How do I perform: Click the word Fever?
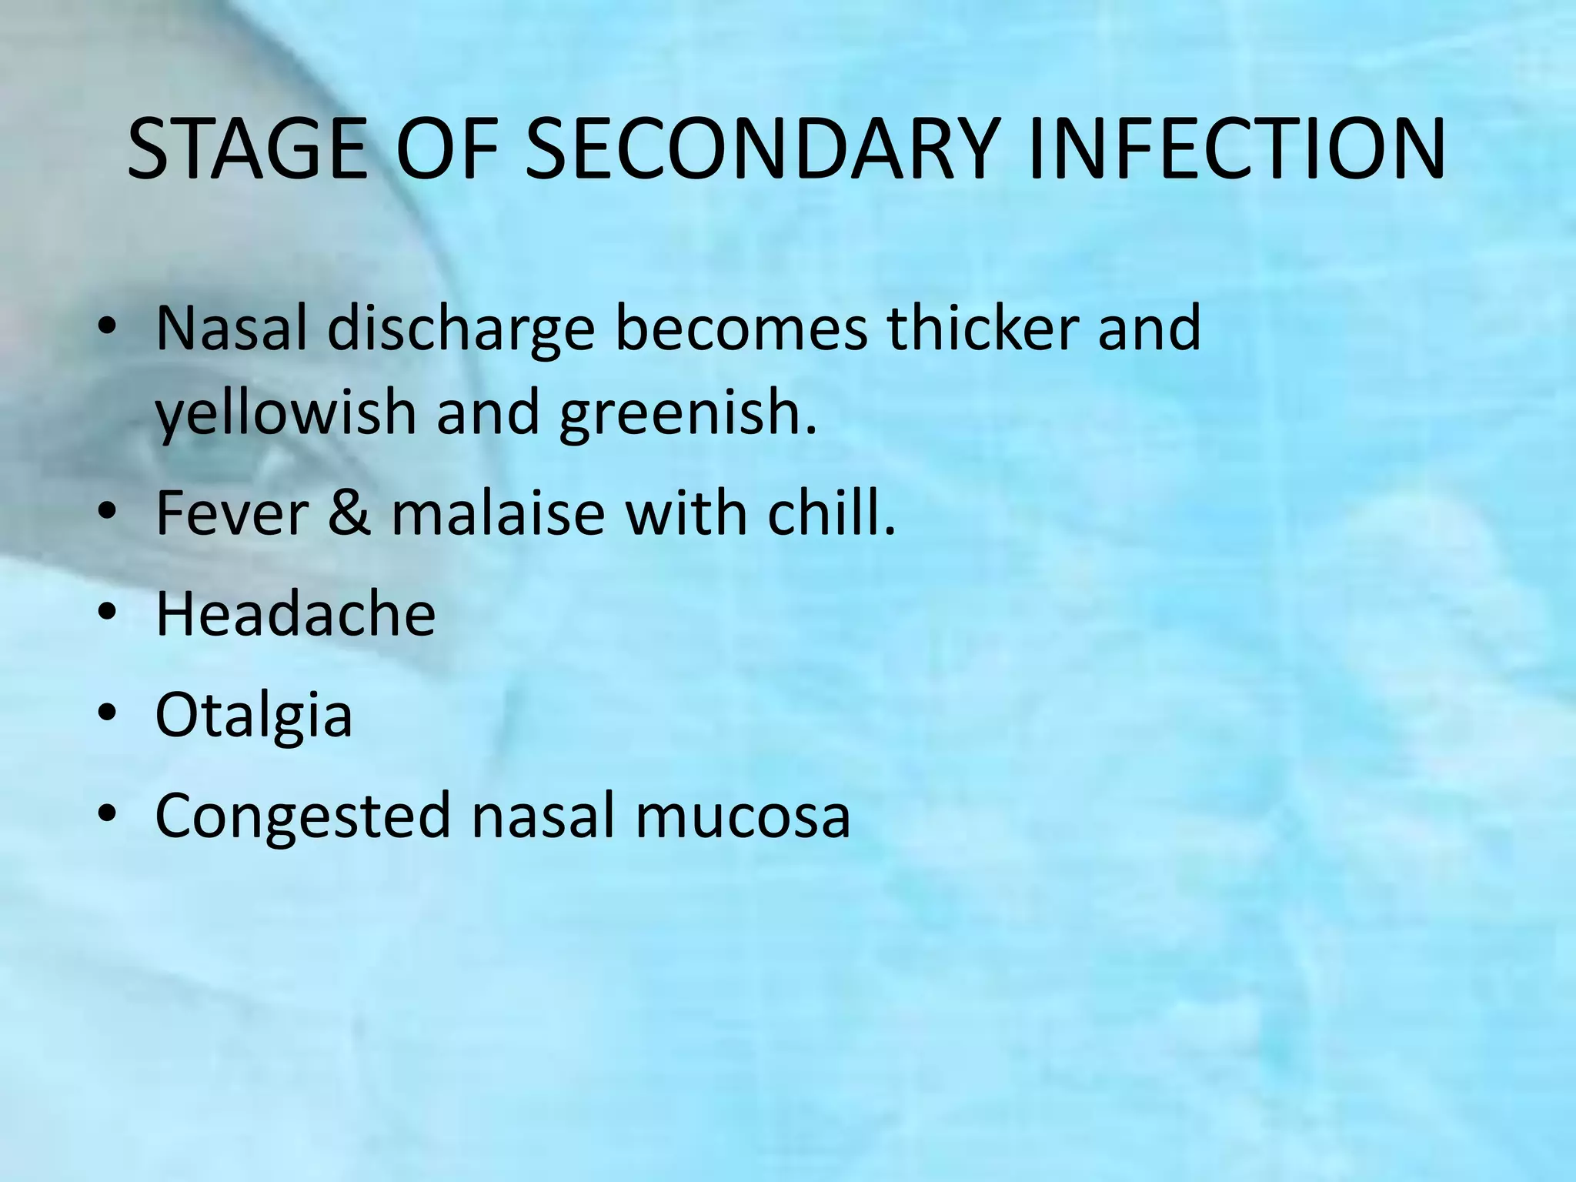pos(232,513)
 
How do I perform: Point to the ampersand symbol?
pos(350,513)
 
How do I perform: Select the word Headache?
pos(295,613)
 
